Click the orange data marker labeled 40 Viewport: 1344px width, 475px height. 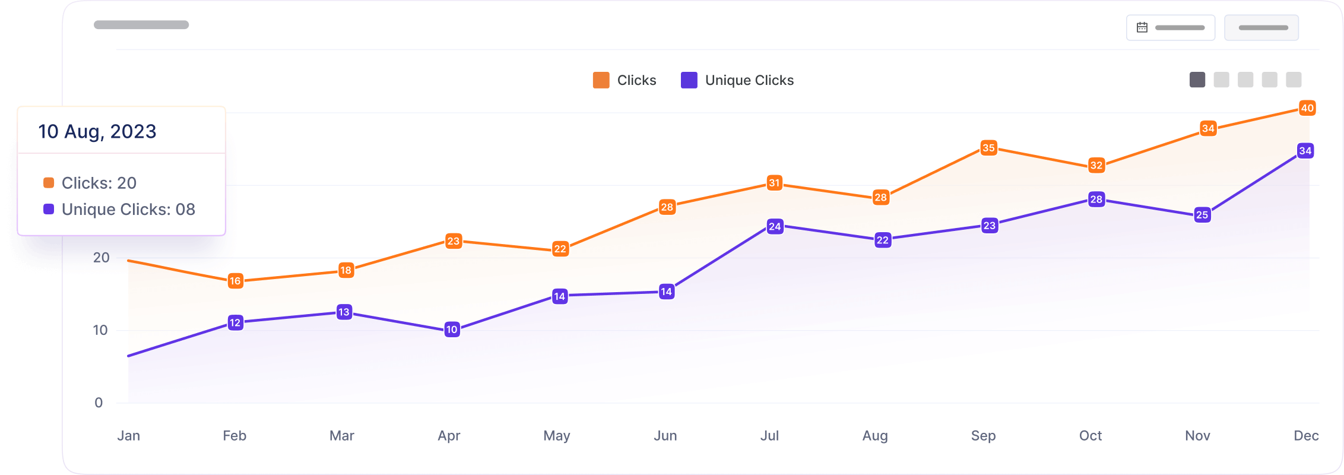coord(1307,108)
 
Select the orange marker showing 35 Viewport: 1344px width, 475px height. coord(988,148)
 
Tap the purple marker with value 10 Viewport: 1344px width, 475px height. coord(452,330)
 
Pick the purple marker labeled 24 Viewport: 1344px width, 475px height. coord(775,226)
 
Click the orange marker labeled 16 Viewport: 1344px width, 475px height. coord(235,281)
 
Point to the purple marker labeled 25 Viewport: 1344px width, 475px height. coord(1202,215)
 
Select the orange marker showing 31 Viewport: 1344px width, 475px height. coord(774,183)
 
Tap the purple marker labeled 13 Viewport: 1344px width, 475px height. coord(344,312)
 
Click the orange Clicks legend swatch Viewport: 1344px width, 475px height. coord(601,80)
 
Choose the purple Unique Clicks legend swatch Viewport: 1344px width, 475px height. coord(689,80)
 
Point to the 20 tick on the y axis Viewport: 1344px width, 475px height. coord(102,258)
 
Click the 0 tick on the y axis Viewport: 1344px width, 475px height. coord(99,403)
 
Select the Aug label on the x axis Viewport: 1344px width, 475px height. coord(875,436)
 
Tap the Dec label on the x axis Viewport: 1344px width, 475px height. coord(1306,436)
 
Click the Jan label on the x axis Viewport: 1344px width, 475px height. coord(129,436)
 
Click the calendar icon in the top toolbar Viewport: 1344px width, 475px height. coord(1142,27)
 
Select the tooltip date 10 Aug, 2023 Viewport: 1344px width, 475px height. coord(97,131)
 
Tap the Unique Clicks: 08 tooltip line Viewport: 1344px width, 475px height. coord(128,209)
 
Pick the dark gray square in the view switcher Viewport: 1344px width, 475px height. coord(1197,80)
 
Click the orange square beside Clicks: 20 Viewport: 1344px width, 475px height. coord(49,183)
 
